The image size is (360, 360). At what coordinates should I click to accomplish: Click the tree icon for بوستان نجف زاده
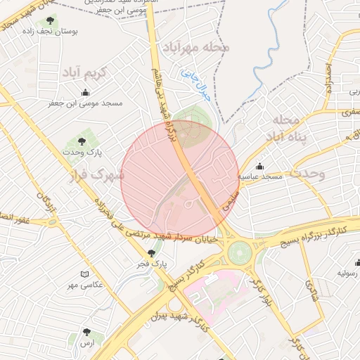pos(49,21)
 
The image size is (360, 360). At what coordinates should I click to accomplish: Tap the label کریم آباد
pos(84,73)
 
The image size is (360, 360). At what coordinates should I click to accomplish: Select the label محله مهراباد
pos(197,48)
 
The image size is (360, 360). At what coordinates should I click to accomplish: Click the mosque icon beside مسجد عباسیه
pos(260,167)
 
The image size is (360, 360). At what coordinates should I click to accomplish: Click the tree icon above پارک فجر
pos(150,253)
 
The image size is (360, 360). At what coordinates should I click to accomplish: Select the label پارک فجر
pos(150,264)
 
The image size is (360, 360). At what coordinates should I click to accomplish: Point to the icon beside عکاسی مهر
pos(85,274)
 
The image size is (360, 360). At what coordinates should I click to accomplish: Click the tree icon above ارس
pos(86,332)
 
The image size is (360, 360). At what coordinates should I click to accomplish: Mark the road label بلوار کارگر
pos(258,284)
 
